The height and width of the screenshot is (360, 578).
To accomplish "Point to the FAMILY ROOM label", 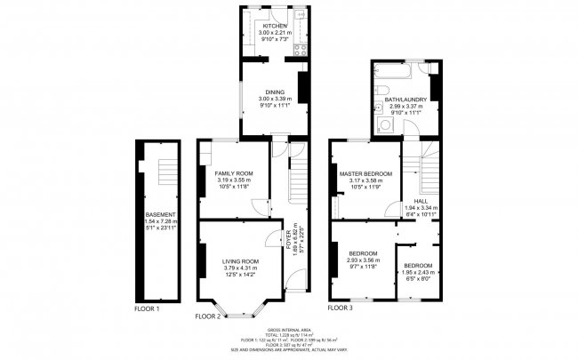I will [235, 172].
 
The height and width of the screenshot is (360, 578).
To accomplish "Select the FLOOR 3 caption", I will [340, 308].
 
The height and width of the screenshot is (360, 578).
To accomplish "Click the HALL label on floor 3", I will [414, 201].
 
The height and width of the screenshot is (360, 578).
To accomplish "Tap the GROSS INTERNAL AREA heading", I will [289, 328].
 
